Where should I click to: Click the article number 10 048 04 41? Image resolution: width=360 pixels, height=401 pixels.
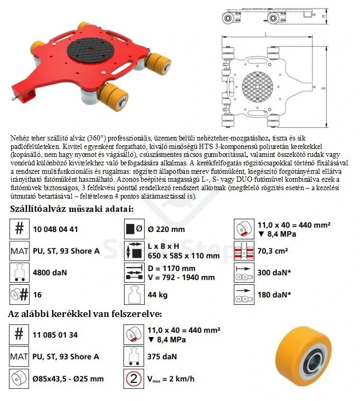pos(55,229)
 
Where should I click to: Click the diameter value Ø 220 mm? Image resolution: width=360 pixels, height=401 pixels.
pos(166,229)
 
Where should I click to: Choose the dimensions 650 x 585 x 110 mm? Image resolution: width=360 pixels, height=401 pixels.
pos(184,256)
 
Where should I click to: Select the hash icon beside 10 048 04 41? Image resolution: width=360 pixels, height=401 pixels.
pos(19,229)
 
